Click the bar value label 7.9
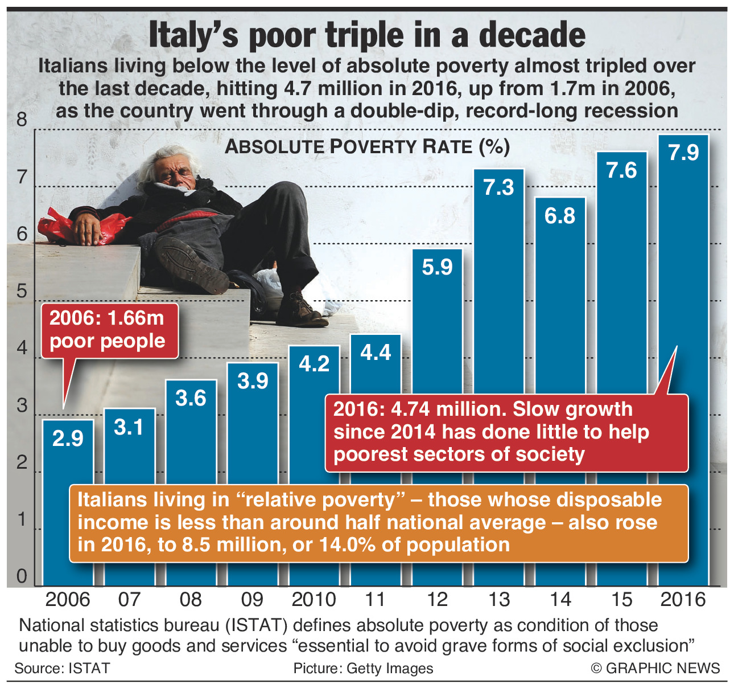click(683, 153)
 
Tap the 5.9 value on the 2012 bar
click(437, 267)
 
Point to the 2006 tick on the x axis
click(68, 599)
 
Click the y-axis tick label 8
click(22, 120)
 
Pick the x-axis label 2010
click(314, 599)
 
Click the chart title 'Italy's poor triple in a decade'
click(367, 35)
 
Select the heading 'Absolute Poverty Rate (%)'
click(367, 147)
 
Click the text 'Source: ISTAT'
click(62, 668)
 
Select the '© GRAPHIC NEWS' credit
click(655, 668)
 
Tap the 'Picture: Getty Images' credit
click(363, 668)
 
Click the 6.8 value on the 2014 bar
click(560, 216)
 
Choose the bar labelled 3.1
click(129, 495)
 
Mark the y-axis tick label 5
click(22, 292)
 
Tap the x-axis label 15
click(622, 599)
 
